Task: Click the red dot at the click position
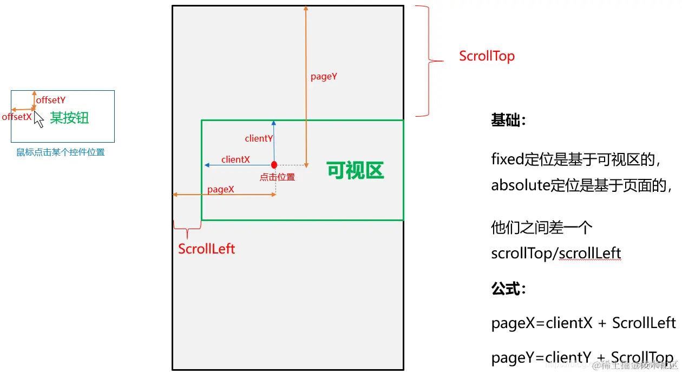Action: [x=274, y=164]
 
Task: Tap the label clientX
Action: [x=235, y=159]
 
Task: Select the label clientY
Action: [x=259, y=138]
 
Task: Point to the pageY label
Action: [x=324, y=77]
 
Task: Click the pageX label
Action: [x=221, y=189]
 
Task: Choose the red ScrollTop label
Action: [x=487, y=56]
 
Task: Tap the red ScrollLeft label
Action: [x=207, y=249]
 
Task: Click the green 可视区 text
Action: [x=355, y=171]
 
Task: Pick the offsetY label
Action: [x=51, y=100]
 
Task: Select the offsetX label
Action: [x=17, y=117]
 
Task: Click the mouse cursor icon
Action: [x=38, y=119]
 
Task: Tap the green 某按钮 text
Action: [x=69, y=118]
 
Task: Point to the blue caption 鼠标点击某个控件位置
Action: [x=61, y=152]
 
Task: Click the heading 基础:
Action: [x=509, y=120]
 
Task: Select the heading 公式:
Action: [x=509, y=289]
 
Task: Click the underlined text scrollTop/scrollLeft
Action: [x=556, y=253]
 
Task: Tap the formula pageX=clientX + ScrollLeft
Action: [x=583, y=323]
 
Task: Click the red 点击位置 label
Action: [x=277, y=177]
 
